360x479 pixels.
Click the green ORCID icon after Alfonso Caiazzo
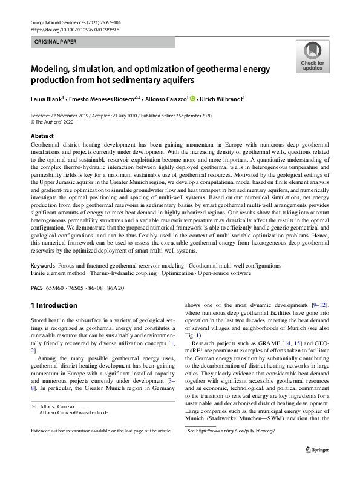(x=194, y=97)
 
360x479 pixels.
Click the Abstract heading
(x=42, y=137)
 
